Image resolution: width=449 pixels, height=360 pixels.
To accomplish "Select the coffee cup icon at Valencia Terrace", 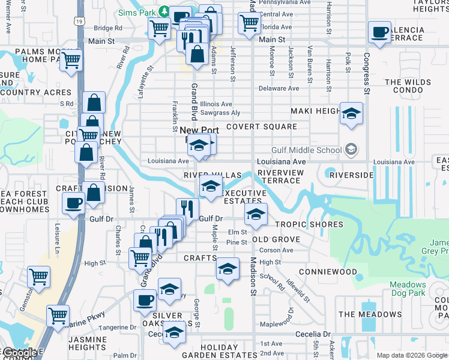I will (x=380, y=32).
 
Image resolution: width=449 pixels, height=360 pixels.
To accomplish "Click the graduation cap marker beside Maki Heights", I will (x=351, y=112).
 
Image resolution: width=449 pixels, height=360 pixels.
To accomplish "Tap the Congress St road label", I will (x=366, y=74).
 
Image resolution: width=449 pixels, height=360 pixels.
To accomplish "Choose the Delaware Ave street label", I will (x=279, y=88).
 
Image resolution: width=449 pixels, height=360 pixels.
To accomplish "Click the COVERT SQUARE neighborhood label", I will (x=261, y=127).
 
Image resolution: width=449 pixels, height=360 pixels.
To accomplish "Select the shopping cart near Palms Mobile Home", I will (x=71, y=59).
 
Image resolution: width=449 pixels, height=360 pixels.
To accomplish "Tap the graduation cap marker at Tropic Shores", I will (x=256, y=214).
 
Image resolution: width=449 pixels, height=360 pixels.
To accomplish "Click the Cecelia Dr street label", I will (x=313, y=334).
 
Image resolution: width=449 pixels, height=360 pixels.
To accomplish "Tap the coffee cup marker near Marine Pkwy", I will (x=144, y=299).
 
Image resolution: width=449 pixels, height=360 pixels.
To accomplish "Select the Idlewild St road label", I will (x=298, y=290).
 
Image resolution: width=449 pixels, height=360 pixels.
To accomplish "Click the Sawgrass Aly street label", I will (x=220, y=112).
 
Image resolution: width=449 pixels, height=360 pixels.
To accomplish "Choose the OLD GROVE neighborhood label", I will (x=276, y=239).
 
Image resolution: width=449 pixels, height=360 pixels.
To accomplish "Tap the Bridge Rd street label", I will (x=108, y=28).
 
